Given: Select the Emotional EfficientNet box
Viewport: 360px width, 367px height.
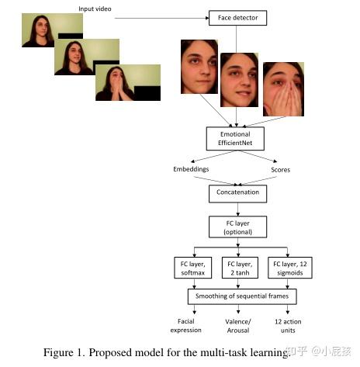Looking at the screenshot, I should click(x=234, y=138).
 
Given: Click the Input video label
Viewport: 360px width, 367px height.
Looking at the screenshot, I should click(x=95, y=9).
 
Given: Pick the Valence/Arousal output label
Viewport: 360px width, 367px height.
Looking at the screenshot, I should click(x=239, y=326).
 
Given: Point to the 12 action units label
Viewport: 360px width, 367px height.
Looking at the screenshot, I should click(x=286, y=326).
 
